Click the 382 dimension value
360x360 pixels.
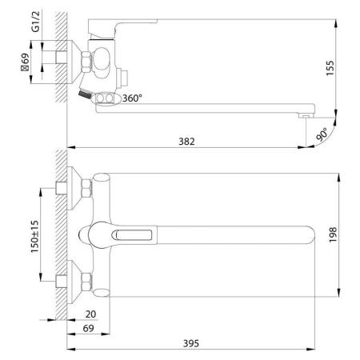click(186, 142)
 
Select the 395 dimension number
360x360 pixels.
click(191, 343)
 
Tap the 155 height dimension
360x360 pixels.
click(330, 68)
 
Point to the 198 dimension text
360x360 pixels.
click(333, 234)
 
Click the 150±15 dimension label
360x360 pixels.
click(34, 237)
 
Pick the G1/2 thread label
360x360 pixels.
click(35, 22)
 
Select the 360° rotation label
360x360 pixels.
click(132, 98)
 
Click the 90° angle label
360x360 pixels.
click(322, 134)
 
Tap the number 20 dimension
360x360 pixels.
click(90, 314)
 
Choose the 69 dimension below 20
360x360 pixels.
click(88, 328)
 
